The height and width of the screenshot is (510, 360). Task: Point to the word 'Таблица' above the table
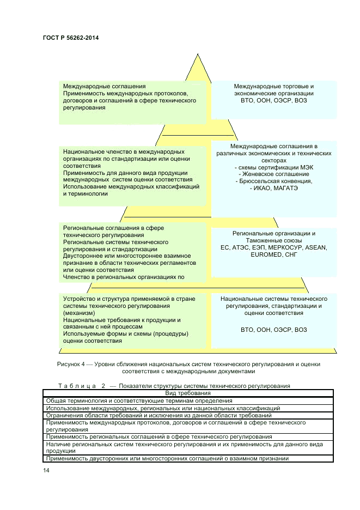(x=77, y=386)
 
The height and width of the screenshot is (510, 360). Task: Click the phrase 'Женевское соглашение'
(x=274, y=174)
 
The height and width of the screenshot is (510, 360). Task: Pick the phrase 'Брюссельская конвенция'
(x=274, y=181)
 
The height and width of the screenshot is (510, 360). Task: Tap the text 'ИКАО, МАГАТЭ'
(x=274, y=188)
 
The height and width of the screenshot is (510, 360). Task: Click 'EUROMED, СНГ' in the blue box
(x=273, y=254)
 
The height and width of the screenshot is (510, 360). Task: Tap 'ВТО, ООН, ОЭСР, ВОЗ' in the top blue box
(x=273, y=101)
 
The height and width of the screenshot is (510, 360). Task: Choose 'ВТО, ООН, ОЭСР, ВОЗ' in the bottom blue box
(x=273, y=330)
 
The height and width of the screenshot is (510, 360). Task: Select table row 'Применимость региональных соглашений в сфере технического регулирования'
(x=159, y=436)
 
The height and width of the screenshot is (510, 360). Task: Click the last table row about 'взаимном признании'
(x=167, y=458)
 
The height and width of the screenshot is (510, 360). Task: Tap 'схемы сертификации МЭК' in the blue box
(x=274, y=167)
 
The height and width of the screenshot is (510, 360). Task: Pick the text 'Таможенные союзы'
(x=273, y=240)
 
